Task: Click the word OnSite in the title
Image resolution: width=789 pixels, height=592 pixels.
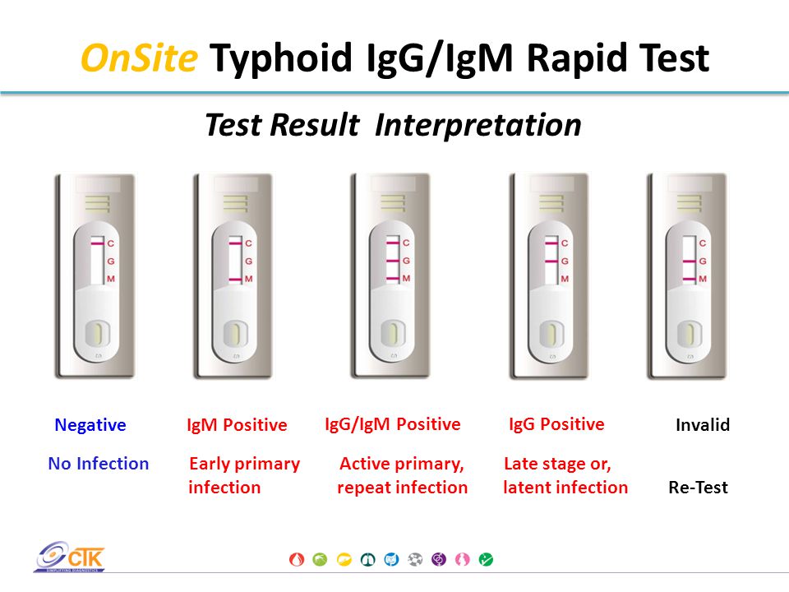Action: click(x=139, y=58)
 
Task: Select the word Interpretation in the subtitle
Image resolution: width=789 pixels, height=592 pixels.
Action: click(x=478, y=125)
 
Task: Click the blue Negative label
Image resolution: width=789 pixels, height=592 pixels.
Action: click(x=90, y=425)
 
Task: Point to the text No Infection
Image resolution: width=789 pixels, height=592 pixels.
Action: click(x=98, y=463)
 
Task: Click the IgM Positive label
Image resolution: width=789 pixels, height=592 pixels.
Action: click(x=237, y=425)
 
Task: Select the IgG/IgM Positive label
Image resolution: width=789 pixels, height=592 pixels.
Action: click(x=393, y=424)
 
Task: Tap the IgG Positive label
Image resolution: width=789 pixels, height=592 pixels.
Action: click(x=556, y=424)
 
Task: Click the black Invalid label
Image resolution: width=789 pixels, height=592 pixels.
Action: click(x=703, y=425)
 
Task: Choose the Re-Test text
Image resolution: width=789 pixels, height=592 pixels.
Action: click(x=698, y=488)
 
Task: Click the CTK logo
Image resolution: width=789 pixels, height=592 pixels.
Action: click(x=70, y=557)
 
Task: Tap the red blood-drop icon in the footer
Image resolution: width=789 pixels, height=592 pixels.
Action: click(x=297, y=559)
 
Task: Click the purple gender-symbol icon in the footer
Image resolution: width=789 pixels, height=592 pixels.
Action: click(x=439, y=559)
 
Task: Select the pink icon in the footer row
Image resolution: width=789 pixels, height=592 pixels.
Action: click(x=463, y=559)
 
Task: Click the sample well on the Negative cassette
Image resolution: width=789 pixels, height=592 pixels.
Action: click(x=98, y=335)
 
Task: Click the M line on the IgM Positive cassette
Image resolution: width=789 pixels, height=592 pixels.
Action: click(x=236, y=280)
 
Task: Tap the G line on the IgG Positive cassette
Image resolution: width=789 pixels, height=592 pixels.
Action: click(x=551, y=261)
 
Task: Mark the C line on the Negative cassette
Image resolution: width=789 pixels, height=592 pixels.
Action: click(x=98, y=243)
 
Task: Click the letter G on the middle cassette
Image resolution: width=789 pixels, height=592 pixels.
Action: click(x=407, y=261)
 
